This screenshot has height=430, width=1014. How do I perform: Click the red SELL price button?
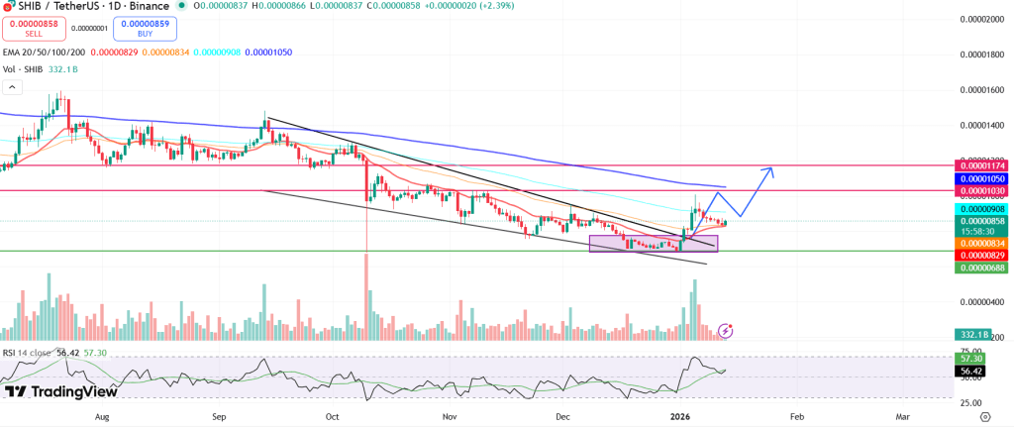point(33,28)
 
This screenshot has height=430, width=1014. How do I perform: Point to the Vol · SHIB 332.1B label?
point(41,69)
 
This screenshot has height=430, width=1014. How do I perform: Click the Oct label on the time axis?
point(333,418)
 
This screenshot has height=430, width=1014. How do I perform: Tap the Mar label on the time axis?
point(902,418)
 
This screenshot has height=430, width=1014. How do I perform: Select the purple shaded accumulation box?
point(652,243)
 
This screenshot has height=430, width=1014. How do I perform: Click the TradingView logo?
point(61,391)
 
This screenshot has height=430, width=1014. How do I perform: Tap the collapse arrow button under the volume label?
point(12,87)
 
